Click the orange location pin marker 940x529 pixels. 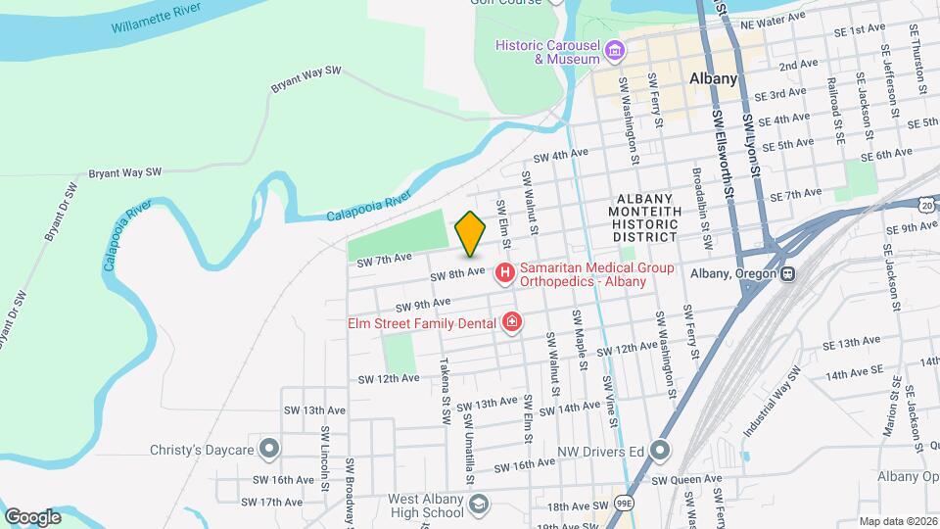pyautogui.click(x=470, y=233)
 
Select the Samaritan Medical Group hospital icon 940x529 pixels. pyautogui.click(x=505, y=273)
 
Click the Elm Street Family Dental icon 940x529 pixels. pyautogui.click(x=510, y=321)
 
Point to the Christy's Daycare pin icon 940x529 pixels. pyautogui.click(x=271, y=450)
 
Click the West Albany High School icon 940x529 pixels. pyautogui.click(x=478, y=504)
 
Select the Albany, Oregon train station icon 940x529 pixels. pyautogui.click(x=786, y=273)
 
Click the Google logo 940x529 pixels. pyautogui.click(x=32, y=516)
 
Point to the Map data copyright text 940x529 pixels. pyautogui.click(x=898, y=521)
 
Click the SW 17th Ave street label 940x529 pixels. pyautogui.click(x=278, y=502)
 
